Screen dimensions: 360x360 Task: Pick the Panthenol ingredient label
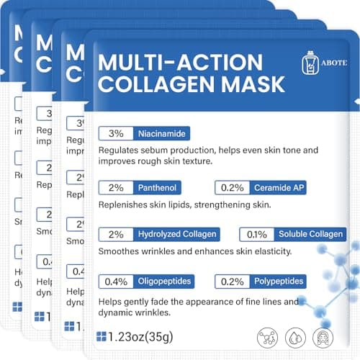click(155, 188)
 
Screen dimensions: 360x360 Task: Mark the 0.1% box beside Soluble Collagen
click(256, 235)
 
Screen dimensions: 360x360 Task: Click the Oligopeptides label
click(164, 281)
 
